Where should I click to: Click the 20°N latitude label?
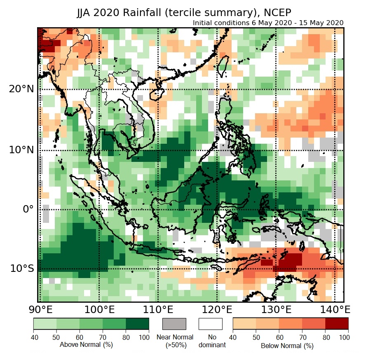(x=22, y=89)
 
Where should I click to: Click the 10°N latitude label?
(x=22, y=150)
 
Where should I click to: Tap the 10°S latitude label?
(x=22, y=269)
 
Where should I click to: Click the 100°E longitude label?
(x=99, y=309)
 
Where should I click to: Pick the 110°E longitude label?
(x=158, y=309)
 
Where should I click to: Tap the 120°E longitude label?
(x=217, y=309)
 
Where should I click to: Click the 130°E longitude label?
(x=276, y=309)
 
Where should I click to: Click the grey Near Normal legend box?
(x=175, y=324)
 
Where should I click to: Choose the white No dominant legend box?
(x=211, y=324)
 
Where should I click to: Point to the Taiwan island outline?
(x=223, y=66)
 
